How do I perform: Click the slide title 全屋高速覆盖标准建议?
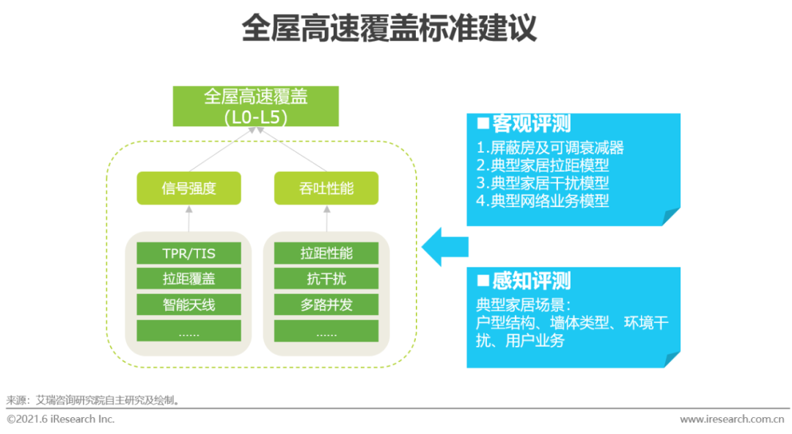click(x=389, y=29)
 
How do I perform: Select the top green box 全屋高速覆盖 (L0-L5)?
click(x=256, y=106)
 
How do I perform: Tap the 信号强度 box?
click(x=189, y=188)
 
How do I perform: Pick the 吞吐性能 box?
click(x=326, y=188)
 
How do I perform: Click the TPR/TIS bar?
click(x=189, y=253)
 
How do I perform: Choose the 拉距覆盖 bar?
click(x=189, y=279)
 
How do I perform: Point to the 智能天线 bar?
click(x=189, y=305)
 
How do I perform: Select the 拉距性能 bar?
click(x=326, y=253)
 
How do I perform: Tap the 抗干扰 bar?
click(x=326, y=279)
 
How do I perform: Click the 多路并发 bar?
click(x=326, y=305)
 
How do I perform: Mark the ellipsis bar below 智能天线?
click(x=189, y=330)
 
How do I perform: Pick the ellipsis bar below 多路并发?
click(x=326, y=330)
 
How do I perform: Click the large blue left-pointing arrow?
click(x=445, y=247)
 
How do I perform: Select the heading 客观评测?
click(x=524, y=123)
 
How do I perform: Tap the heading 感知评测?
click(x=524, y=281)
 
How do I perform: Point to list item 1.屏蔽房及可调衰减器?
click(x=550, y=148)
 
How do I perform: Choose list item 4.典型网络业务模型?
click(x=543, y=200)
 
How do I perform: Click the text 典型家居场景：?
click(x=524, y=305)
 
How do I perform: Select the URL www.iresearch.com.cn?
click(x=732, y=419)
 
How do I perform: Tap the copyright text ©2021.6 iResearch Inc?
click(x=61, y=419)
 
